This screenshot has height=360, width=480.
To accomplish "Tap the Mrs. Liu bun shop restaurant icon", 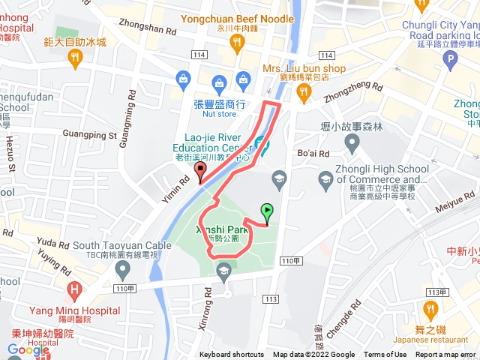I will coord(303,92).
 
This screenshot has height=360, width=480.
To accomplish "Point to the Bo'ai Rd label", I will coord(313,154).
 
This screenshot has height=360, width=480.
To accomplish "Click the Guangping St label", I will coord(91,136).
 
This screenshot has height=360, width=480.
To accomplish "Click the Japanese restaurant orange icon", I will coord(430,309).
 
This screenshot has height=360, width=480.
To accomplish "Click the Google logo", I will coord(28,349).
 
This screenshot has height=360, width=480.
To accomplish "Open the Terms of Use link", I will coord(385,355).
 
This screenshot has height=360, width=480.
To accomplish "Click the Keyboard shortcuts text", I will coord(231,355).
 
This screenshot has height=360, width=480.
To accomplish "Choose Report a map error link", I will coord(445,355).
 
